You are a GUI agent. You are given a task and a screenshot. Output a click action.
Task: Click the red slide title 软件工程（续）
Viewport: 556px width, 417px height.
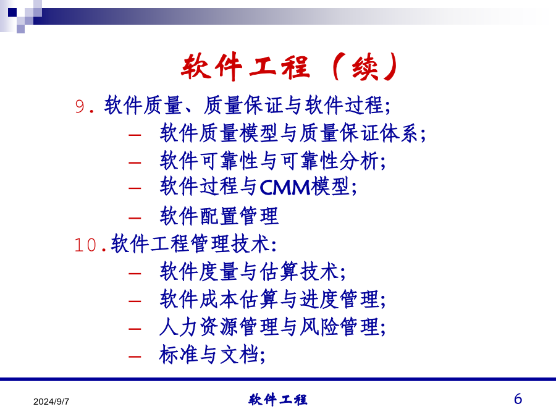(x=290, y=66)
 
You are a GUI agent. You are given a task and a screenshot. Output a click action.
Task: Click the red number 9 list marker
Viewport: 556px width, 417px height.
(x=80, y=106)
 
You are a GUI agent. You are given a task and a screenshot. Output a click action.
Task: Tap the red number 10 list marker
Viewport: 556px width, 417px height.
(x=85, y=245)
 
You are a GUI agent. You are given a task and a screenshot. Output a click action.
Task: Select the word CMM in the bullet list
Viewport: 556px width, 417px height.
(x=285, y=187)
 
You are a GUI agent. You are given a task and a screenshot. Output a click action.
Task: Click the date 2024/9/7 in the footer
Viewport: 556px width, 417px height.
(x=51, y=402)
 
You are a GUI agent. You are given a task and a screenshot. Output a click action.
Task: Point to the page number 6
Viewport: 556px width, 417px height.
(x=518, y=399)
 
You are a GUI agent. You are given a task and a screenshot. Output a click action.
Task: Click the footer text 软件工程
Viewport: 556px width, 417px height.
(x=277, y=400)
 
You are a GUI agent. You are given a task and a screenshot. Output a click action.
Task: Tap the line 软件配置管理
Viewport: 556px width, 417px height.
(x=219, y=216)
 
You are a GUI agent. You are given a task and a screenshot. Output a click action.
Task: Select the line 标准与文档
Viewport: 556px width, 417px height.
(x=212, y=354)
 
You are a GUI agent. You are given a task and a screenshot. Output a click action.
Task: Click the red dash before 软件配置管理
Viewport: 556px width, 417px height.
(x=135, y=217)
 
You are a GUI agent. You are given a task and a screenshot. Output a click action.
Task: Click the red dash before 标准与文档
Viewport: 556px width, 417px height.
(x=135, y=356)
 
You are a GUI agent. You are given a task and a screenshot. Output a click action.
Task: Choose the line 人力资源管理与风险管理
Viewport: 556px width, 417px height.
(x=272, y=327)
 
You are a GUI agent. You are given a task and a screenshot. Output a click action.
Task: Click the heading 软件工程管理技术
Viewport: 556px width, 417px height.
(x=193, y=243)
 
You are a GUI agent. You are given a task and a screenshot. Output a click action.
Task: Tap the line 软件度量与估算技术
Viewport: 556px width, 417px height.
(x=253, y=272)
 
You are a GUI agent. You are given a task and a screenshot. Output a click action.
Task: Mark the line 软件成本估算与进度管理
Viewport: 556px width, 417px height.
(x=272, y=299)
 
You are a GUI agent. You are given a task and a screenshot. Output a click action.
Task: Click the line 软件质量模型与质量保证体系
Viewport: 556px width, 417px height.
(x=293, y=133)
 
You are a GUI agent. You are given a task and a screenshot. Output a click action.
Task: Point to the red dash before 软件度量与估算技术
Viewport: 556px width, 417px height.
(x=135, y=274)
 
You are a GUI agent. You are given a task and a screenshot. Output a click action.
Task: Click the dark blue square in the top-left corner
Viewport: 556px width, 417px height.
(x=12, y=12)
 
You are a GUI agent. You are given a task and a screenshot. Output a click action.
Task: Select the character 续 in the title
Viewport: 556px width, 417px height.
(x=365, y=67)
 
